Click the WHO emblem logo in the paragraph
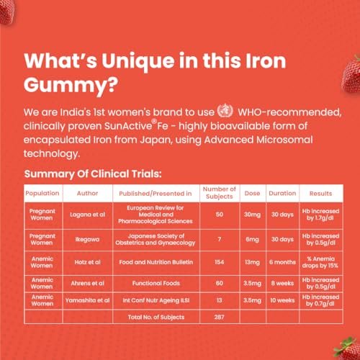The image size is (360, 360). (x=225, y=111)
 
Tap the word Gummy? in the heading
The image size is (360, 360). (x=71, y=86)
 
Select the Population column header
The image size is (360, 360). (x=42, y=193)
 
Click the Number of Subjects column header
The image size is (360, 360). (x=220, y=193)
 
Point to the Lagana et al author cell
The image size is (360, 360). (x=87, y=215)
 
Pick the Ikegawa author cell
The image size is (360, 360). (x=87, y=239)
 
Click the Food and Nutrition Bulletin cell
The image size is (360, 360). (x=156, y=262)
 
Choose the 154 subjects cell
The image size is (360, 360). (x=220, y=262)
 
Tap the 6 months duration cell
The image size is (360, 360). (x=282, y=262)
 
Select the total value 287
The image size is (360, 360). (x=220, y=317)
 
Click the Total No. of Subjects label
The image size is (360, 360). (x=156, y=317)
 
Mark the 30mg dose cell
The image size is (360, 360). (x=252, y=215)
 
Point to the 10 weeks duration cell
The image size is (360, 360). (x=282, y=300)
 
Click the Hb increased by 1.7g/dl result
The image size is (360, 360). (x=320, y=215)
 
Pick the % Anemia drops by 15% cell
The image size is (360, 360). (x=320, y=262)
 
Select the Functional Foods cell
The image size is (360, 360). (x=156, y=283)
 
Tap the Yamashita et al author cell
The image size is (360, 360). (x=87, y=300)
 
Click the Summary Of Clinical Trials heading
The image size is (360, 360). (x=93, y=174)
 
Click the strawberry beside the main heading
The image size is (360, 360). (x=351, y=74)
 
